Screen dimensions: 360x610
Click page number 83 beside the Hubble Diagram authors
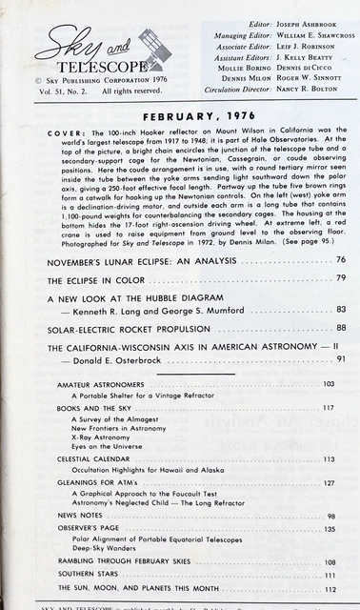[x=340, y=310]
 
